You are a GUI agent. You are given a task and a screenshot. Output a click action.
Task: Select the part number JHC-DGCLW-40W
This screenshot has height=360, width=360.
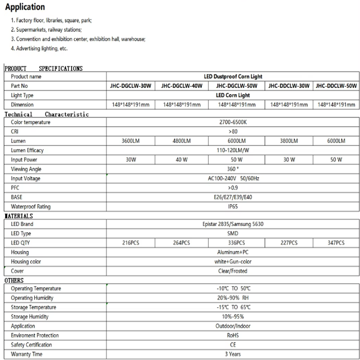[x=181, y=86]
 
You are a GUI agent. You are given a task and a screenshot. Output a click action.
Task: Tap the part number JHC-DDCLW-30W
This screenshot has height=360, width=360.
[x=289, y=86]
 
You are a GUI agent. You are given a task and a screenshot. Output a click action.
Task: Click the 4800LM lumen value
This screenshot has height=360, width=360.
[x=181, y=141]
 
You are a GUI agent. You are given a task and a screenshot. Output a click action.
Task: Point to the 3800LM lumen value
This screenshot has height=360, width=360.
[x=289, y=141]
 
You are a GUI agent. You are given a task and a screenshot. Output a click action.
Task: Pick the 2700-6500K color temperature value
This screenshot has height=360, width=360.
[x=233, y=122]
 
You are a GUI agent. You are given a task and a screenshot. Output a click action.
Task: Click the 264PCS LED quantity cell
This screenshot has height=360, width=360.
[x=181, y=243]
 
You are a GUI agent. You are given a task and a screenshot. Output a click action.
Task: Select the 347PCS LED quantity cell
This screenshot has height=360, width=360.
[x=336, y=243]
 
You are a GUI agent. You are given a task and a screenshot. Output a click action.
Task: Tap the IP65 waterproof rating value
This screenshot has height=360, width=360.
[x=233, y=207]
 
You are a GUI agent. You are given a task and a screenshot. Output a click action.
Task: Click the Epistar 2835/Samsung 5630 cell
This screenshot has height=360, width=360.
[x=233, y=224]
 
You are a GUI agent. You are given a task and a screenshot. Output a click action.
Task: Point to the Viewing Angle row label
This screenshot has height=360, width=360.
[x=26, y=169]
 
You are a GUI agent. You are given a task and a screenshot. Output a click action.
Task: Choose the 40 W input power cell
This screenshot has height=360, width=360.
[x=181, y=160]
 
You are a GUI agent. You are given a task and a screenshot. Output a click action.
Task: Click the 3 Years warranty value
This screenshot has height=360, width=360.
[x=233, y=354]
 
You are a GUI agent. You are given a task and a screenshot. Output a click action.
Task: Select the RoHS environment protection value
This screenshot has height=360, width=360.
[x=233, y=336]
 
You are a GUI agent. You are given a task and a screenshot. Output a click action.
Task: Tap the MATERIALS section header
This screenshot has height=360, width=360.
[x=19, y=216]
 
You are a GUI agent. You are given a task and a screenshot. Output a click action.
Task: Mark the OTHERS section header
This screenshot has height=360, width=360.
[x=14, y=280]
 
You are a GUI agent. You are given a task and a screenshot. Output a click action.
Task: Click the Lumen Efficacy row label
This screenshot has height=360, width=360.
[x=27, y=150]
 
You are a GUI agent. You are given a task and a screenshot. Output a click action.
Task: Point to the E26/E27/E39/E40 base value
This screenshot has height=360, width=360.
[x=233, y=197]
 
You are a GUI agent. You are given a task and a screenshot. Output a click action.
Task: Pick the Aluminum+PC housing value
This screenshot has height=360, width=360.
[x=233, y=252]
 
